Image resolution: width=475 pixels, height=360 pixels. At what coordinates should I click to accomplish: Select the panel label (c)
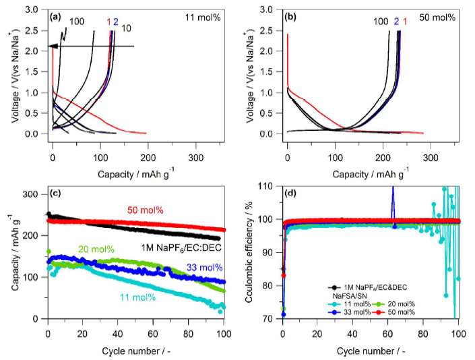[x=57, y=194]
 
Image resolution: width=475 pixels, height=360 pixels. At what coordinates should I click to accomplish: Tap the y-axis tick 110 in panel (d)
[x=270, y=185]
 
